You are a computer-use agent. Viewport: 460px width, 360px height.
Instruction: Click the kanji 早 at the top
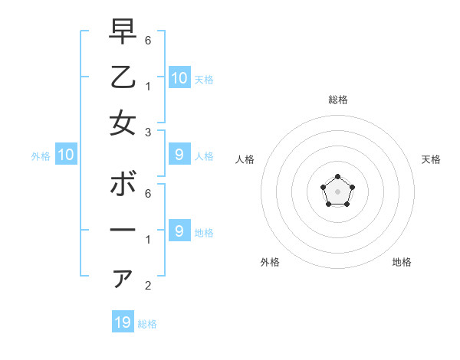123,32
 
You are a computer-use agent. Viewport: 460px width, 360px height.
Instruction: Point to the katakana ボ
123,185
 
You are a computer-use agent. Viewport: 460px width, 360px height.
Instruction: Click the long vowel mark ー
123,231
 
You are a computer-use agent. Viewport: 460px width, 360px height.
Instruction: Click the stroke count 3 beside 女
148,132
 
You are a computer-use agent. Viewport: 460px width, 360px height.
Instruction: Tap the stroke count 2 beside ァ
148,286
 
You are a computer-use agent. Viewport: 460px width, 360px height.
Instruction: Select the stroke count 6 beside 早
148,39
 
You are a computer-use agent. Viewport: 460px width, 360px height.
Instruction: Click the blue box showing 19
123,322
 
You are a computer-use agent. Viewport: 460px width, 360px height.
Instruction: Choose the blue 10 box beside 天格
179,77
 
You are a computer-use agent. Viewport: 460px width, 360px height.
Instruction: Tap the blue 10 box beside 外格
66,155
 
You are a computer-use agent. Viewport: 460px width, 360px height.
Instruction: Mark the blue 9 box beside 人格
179,155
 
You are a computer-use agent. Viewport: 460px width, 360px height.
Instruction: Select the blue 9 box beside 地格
179,231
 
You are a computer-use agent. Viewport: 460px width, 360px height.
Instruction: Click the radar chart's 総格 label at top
338,100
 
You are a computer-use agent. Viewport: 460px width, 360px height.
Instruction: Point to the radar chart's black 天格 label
431,159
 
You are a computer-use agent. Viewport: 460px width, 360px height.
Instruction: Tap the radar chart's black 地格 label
402,262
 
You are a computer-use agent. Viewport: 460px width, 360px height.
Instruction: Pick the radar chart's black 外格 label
270,262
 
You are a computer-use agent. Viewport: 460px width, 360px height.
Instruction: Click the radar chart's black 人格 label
245,159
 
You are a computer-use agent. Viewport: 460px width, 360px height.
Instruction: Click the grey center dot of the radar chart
337,191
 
